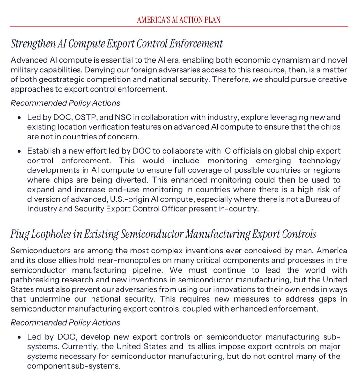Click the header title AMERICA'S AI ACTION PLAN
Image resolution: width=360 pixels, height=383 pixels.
179,20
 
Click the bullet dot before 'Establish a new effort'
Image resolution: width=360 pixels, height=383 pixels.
20,151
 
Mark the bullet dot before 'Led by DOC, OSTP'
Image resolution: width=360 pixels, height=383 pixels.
20,118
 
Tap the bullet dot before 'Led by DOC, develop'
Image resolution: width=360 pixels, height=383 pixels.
20,337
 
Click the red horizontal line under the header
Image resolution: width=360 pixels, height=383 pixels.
179,26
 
